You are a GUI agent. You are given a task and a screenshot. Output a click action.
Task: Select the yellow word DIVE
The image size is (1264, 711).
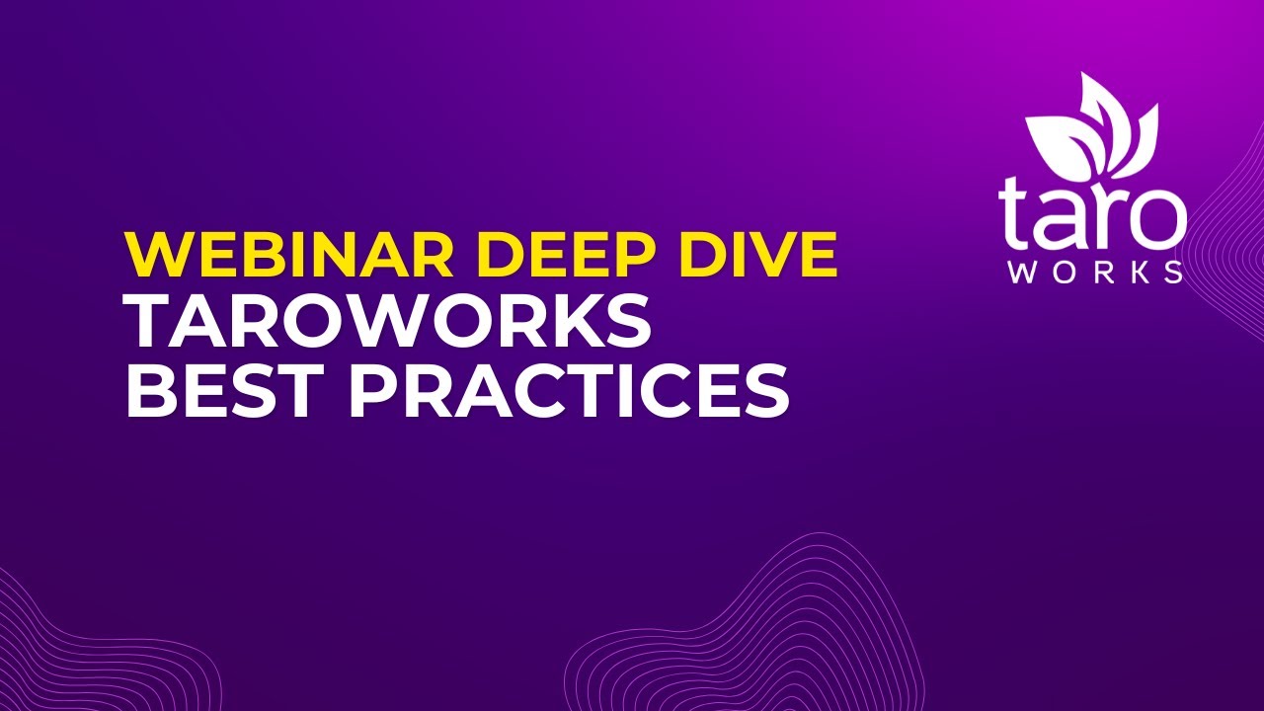click(756, 254)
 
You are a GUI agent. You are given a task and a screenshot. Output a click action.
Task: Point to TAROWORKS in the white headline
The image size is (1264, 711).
click(387, 322)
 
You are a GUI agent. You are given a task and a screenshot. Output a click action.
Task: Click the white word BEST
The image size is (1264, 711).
click(225, 391)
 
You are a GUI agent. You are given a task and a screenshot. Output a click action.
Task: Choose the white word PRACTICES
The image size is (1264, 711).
click(569, 391)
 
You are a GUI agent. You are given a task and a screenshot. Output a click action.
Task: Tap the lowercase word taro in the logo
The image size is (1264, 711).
click(1091, 212)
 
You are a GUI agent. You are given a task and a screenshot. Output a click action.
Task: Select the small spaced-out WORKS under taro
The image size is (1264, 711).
click(1094, 273)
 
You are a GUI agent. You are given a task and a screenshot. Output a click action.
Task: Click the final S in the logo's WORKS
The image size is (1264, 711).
click(1172, 273)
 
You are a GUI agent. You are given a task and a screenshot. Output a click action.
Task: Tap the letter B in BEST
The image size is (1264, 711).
click(149, 391)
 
